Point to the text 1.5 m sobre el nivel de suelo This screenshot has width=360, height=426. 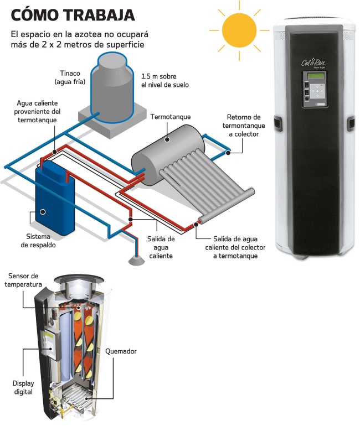coord(165,80)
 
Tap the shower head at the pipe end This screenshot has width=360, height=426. coord(135,259)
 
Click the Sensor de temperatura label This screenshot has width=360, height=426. coord(23,280)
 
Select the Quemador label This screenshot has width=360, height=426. coord(120,351)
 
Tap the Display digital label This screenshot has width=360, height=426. coord(23,387)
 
